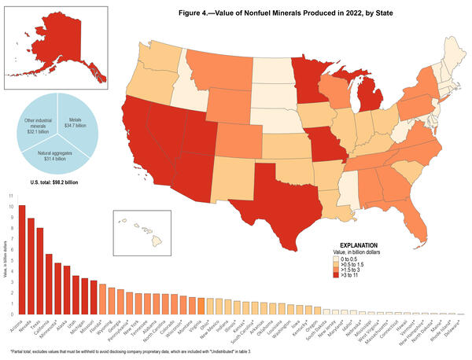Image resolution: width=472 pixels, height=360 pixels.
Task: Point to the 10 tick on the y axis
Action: point(11,206)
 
